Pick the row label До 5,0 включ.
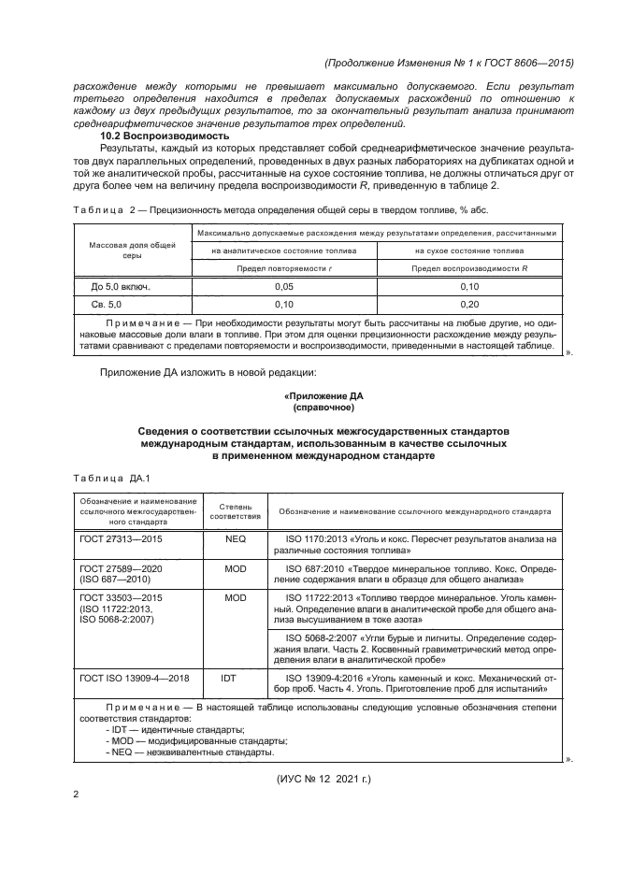pyautogui.click(x=121, y=286)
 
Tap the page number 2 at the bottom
pyautogui.click(x=76, y=793)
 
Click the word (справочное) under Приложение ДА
pyautogui.click(x=323, y=408)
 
